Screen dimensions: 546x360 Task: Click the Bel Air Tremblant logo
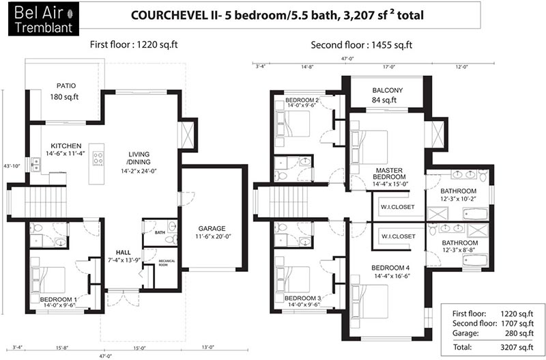[44, 19]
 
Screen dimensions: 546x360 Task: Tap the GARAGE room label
[212, 229]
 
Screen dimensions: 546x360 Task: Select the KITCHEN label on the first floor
[66, 146]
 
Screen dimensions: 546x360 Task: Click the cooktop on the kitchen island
[98, 158]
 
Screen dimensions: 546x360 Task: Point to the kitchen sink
[35, 165]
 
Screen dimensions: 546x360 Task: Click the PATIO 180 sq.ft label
[66, 92]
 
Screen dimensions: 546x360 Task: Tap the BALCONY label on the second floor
[388, 90]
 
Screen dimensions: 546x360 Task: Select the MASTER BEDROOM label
[389, 174]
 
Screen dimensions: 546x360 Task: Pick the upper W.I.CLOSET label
[397, 207]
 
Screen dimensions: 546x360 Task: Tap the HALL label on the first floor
[124, 253]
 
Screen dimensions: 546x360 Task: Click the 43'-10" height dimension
[12, 166]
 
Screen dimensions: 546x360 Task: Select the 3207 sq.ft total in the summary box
[517, 347]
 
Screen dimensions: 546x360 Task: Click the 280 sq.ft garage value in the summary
[519, 333]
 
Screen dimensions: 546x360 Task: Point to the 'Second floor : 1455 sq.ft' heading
[362, 45]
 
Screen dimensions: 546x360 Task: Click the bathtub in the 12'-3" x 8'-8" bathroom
[475, 260]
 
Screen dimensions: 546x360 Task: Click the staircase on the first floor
[44, 202]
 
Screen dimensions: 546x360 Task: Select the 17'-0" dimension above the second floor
[389, 66]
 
